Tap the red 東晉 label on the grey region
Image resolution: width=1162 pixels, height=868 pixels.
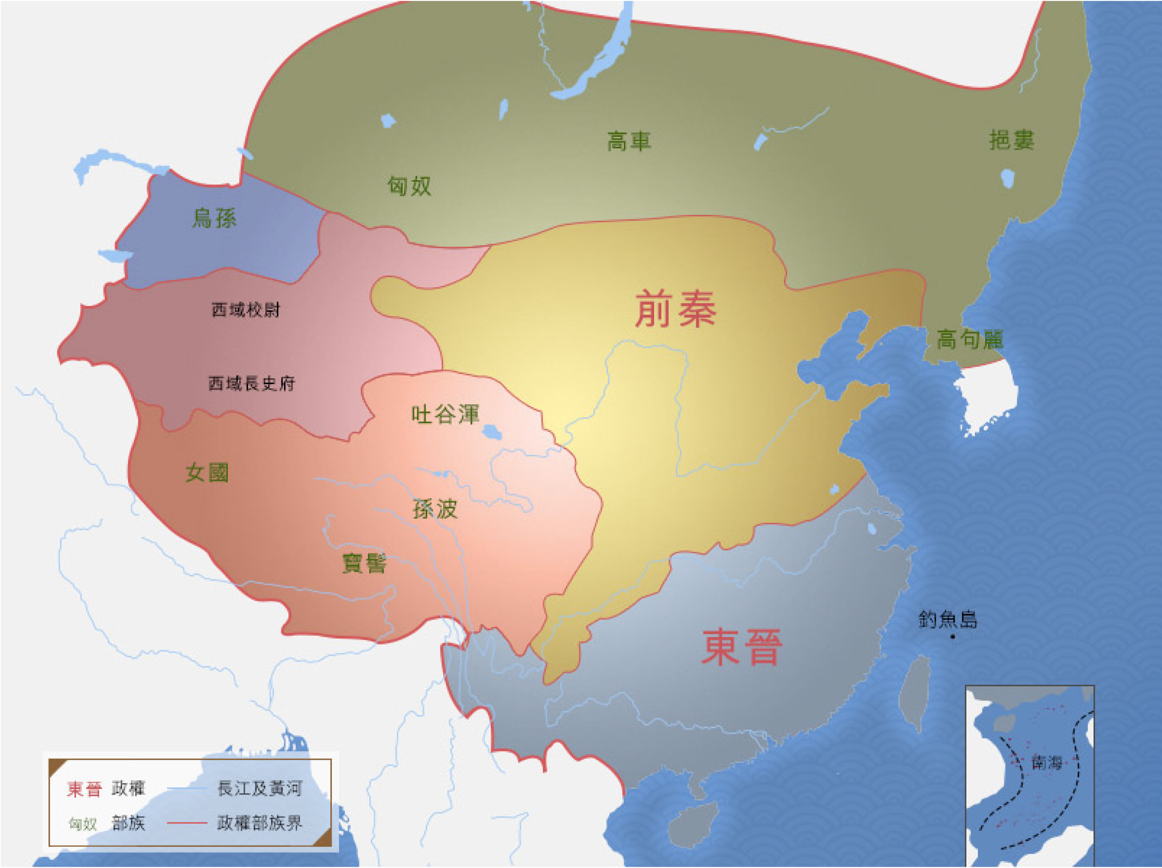tap(742, 647)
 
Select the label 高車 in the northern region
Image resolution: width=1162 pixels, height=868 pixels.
tap(629, 141)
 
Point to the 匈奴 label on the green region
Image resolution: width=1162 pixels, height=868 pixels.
tap(409, 186)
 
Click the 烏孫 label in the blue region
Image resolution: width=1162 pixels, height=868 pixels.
tap(214, 217)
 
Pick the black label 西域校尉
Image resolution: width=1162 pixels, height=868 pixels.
tap(246, 309)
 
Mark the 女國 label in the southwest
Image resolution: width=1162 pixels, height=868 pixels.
tap(207, 473)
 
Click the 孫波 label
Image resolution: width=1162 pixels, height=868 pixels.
tap(435, 508)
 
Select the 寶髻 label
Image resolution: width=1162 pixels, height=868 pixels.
tap(364, 564)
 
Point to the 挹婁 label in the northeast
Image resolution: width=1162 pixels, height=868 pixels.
tap(1011, 140)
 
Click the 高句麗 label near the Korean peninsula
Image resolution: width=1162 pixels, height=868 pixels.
tap(970, 339)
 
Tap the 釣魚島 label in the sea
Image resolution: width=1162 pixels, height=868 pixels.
tap(948, 619)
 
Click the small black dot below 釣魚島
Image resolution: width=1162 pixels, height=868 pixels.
tap(953, 637)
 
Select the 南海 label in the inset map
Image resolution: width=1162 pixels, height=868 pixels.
tap(1046, 762)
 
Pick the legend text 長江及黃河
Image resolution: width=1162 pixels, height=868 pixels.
tap(259, 788)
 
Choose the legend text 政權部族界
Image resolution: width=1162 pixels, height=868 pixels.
tap(259, 823)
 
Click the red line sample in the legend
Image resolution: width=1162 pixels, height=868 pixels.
tap(187, 823)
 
